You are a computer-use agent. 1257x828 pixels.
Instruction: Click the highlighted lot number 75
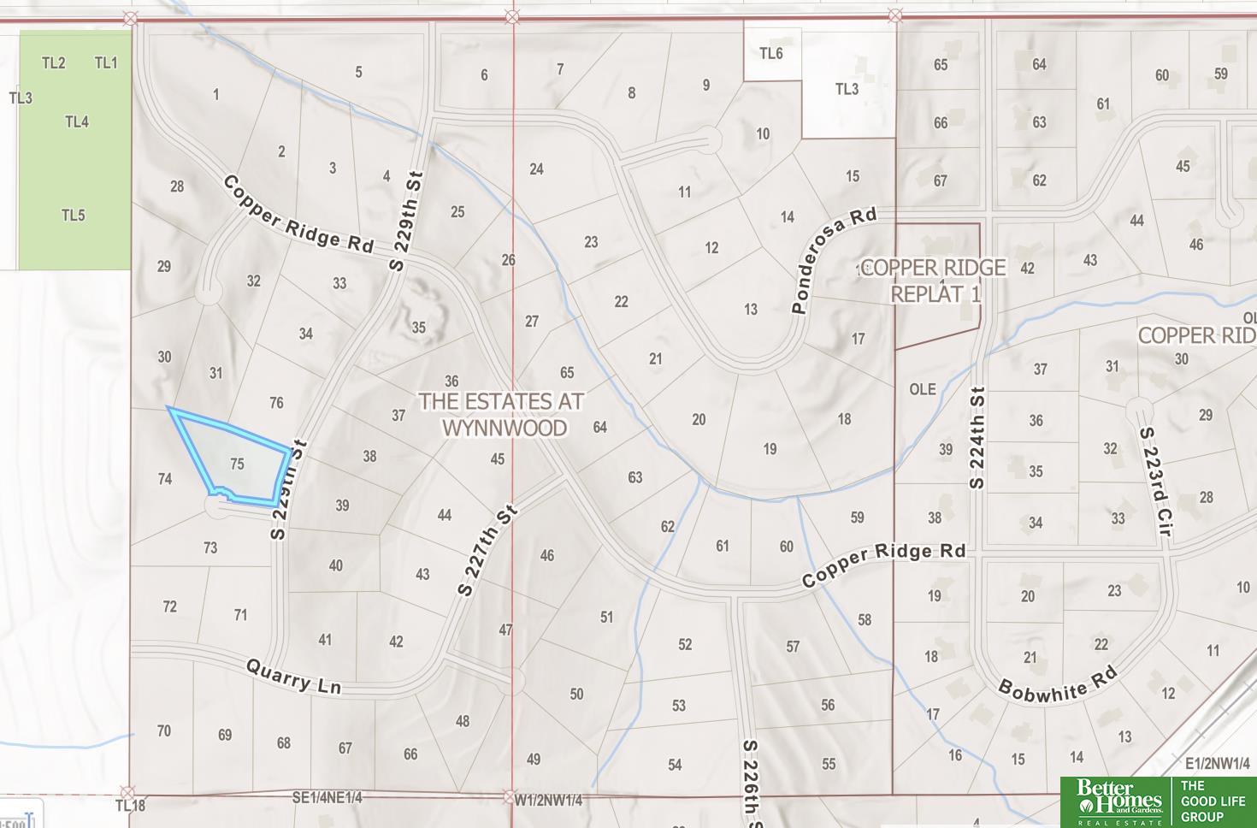click(x=237, y=464)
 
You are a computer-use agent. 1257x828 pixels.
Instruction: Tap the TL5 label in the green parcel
click(x=73, y=216)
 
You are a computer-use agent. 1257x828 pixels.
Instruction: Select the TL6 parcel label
click(x=770, y=54)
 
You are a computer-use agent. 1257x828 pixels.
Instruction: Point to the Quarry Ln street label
click(x=293, y=676)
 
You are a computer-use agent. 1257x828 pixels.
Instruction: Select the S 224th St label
click(x=977, y=438)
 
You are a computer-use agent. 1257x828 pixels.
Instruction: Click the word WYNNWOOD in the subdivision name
click(x=505, y=428)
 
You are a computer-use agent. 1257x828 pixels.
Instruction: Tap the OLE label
click(x=922, y=389)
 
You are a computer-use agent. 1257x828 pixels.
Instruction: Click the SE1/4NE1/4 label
click(x=327, y=797)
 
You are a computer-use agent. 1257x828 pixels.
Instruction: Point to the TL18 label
click(x=130, y=806)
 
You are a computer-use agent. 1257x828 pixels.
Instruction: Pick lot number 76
click(x=276, y=403)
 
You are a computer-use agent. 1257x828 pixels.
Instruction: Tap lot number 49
click(x=534, y=759)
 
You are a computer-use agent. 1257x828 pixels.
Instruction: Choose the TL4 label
click(x=77, y=122)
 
